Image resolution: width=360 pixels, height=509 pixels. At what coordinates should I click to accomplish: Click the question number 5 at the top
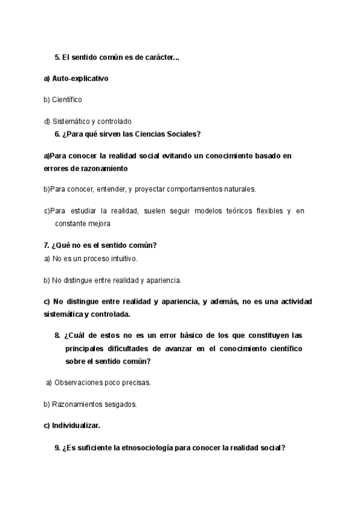pyautogui.click(x=57, y=58)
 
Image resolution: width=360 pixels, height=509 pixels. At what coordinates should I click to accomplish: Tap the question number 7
pyautogui.click(x=46, y=245)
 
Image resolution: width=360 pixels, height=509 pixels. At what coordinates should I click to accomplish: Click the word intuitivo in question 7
pyautogui.click(x=122, y=259)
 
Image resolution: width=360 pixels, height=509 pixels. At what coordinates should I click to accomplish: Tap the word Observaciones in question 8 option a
pyautogui.click(x=82, y=382)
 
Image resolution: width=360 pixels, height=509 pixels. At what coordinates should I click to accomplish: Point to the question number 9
pyautogui.click(x=57, y=447)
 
